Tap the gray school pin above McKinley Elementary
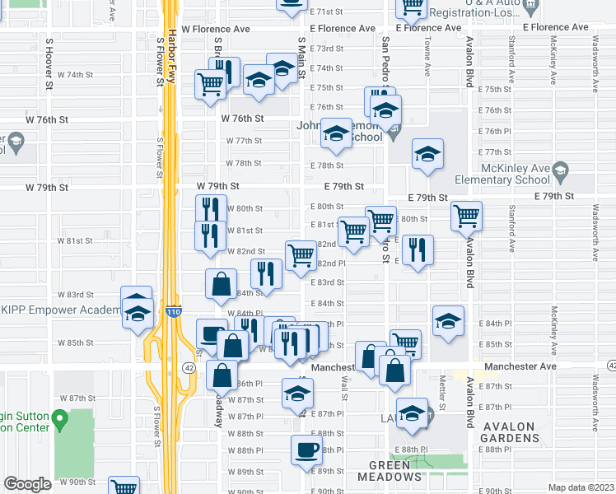pyautogui.click(x=561, y=170)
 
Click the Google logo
pyautogui.click(x=27, y=484)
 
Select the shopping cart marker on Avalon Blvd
pyautogui.click(x=467, y=216)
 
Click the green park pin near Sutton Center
pyautogui.click(x=58, y=421)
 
